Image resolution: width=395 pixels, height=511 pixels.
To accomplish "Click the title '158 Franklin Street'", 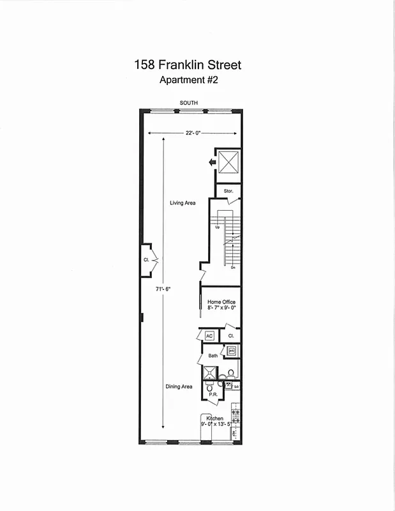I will coord(188,65).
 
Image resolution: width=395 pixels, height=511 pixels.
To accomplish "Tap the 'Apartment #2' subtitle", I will coord(188,80).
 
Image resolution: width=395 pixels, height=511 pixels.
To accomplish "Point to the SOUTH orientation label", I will coord(189,103).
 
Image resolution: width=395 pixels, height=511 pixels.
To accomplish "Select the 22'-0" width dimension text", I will coord(191,133).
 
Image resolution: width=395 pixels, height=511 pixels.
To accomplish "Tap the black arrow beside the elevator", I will coord(211,163).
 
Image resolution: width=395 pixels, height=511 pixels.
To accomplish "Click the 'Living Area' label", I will coord(183,203).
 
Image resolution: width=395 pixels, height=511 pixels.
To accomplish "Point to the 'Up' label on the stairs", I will coord(218,227).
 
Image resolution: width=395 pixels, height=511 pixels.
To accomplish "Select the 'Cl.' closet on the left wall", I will coord(146,260).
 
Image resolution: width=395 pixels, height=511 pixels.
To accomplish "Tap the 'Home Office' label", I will coord(221,301).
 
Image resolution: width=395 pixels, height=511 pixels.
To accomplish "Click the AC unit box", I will coord(209,335).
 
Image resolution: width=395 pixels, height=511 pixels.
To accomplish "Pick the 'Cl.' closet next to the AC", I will coord(230,335).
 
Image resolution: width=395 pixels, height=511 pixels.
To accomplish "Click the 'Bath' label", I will coord(212,355).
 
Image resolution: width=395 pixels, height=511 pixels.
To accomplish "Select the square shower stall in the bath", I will coord(209,373).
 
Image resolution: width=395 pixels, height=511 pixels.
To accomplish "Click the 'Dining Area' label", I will coord(179,386).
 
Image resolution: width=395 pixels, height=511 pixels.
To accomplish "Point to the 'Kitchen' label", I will coord(214,418).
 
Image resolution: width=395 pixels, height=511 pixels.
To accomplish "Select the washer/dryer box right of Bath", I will coord(232,351).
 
